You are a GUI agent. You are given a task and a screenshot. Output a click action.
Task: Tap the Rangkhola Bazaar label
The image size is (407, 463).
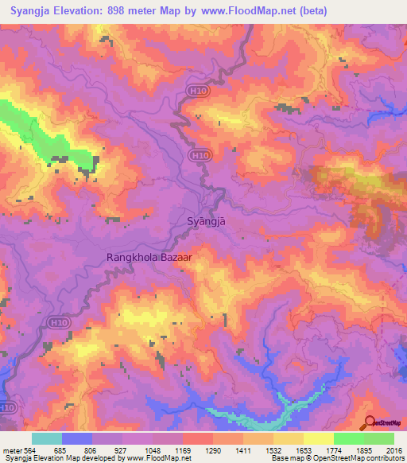(x=149, y=258)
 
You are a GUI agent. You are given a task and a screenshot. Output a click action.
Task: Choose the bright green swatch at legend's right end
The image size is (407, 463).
(x=379, y=438)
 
